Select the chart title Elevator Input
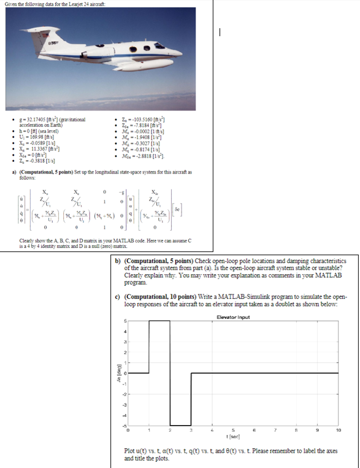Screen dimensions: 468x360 point(234,317)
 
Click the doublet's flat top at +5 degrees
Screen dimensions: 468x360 point(159,321)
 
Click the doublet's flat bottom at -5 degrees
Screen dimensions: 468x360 point(180,424)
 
